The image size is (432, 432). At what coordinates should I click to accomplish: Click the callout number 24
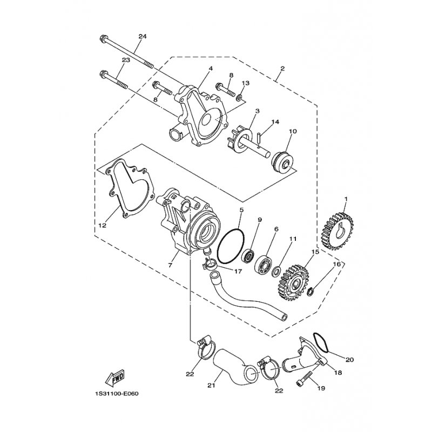point(143,36)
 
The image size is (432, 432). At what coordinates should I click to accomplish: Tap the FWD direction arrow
point(115,376)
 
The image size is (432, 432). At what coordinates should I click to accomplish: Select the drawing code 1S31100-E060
point(116,394)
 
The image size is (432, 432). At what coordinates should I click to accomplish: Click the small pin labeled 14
point(259,138)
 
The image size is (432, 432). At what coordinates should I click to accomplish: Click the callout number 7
point(170,265)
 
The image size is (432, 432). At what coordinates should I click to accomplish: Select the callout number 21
point(211,386)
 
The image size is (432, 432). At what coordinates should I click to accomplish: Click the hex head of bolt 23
point(103,74)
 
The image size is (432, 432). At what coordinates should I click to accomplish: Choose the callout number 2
point(282,68)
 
